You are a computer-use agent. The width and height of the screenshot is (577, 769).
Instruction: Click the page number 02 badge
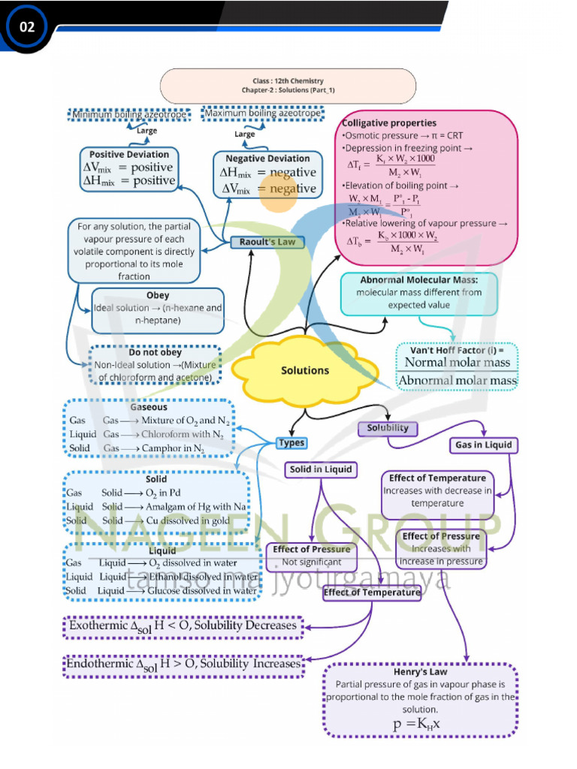click(x=27, y=28)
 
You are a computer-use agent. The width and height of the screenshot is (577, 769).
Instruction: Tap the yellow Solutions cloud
click(x=305, y=369)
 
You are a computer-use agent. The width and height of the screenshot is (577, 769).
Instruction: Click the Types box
click(x=292, y=442)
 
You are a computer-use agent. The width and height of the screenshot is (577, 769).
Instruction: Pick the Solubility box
click(x=388, y=428)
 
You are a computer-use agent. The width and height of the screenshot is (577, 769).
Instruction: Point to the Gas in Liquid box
click(x=484, y=445)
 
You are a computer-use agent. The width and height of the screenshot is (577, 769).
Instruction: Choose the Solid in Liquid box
click(x=321, y=470)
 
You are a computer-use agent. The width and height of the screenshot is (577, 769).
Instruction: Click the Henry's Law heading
click(x=420, y=671)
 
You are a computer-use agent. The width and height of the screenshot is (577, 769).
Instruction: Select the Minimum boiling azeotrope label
click(x=128, y=114)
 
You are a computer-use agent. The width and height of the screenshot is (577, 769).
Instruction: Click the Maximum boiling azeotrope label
click(x=262, y=113)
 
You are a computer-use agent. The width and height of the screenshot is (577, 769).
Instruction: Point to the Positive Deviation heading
click(x=129, y=154)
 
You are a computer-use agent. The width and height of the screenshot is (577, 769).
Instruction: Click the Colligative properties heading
click(x=389, y=122)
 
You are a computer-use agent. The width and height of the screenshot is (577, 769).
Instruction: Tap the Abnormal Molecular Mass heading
click(x=429, y=279)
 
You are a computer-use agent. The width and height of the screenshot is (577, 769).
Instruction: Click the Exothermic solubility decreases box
click(x=183, y=626)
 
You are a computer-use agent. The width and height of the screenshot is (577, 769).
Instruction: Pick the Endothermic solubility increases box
click(x=183, y=665)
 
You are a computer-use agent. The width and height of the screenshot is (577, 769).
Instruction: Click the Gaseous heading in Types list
click(x=149, y=407)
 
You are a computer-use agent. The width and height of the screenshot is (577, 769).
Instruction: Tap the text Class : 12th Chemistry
click(x=288, y=80)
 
